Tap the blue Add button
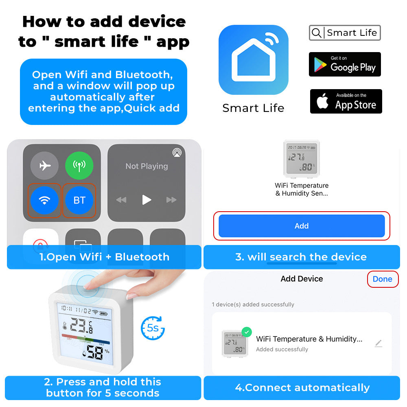[x=302, y=226]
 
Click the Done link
[x=382, y=279]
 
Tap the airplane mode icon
[x=45, y=166]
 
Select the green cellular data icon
[x=79, y=166]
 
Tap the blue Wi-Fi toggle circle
[x=45, y=200]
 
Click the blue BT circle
[x=79, y=200]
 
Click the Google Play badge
[x=345, y=64]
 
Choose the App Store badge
[x=346, y=101]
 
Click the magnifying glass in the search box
[x=316, y=33]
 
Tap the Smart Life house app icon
[x=253, y=60]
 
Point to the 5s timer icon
[x=153, y=328]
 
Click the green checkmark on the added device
[x=247, y=332]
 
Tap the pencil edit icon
[x=379, y=344]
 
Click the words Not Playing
[x=147, y=166]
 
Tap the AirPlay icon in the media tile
[x=177, y=153]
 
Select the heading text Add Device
[x=302, y=279]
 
